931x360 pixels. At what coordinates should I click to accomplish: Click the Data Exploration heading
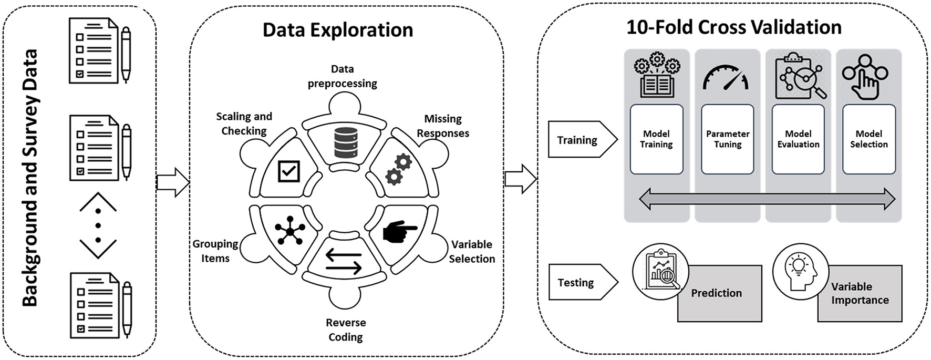(338, 30)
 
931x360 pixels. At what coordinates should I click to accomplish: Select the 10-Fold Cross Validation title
(733, 27)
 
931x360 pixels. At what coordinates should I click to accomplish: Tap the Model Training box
(656, 139)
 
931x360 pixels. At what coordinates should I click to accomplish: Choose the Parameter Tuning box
(727, 139)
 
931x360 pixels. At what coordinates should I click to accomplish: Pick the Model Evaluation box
(798, 139)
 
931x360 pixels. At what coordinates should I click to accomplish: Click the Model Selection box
(868, 139)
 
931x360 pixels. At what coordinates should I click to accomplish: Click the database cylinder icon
(346, 142)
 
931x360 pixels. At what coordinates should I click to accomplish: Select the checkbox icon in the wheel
(288, 171)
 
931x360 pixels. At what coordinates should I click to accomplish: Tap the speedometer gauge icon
(726, 78)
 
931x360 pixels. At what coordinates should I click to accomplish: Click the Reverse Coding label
(345, 330)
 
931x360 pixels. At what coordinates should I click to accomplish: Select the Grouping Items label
(215, 251)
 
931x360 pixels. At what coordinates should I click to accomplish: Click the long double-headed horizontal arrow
(767, 199)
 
